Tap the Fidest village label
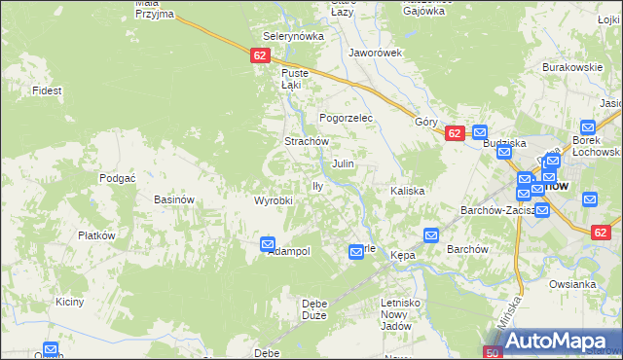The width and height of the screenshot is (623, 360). pos(47,90)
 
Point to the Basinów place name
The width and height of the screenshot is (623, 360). pos(175,199)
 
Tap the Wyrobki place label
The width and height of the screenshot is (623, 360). pos(274,200)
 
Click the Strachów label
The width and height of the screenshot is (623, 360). pos(304,141)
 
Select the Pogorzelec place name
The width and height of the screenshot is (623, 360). pos(347,117)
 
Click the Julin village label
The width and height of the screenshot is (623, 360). pos(343,164)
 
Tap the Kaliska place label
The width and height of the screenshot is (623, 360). pos(408,191)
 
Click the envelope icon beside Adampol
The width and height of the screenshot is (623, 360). pos(268,245)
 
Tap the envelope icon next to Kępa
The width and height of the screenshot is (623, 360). pos(431,235)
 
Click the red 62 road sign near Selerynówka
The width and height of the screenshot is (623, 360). pos(259,56)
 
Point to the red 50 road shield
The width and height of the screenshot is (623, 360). pos(494,352)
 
